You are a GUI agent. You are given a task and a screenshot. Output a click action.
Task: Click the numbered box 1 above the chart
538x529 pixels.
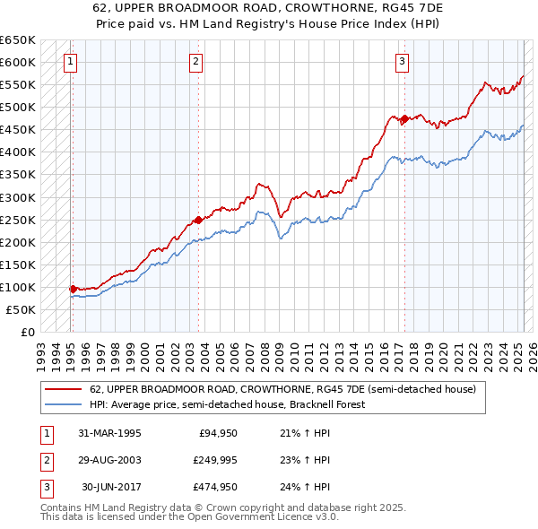(x=70, y=62)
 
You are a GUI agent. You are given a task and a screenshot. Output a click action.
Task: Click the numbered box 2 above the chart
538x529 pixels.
(x=196, y=62)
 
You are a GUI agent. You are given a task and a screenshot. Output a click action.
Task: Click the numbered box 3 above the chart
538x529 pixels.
(x=403, y=62)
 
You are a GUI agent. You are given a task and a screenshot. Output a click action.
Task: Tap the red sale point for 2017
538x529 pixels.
(x=404, y=118)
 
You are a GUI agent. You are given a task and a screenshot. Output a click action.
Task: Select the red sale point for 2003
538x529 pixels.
(x=197, y=219)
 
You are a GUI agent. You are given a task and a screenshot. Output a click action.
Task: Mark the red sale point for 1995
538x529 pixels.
(x=73, y=289)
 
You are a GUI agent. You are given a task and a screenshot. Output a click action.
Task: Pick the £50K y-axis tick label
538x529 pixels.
(x=22, y=309)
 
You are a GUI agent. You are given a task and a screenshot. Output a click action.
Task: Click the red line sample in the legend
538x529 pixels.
(x=65, y=389)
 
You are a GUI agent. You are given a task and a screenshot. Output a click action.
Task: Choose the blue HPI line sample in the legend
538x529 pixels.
(x=65, y=404)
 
